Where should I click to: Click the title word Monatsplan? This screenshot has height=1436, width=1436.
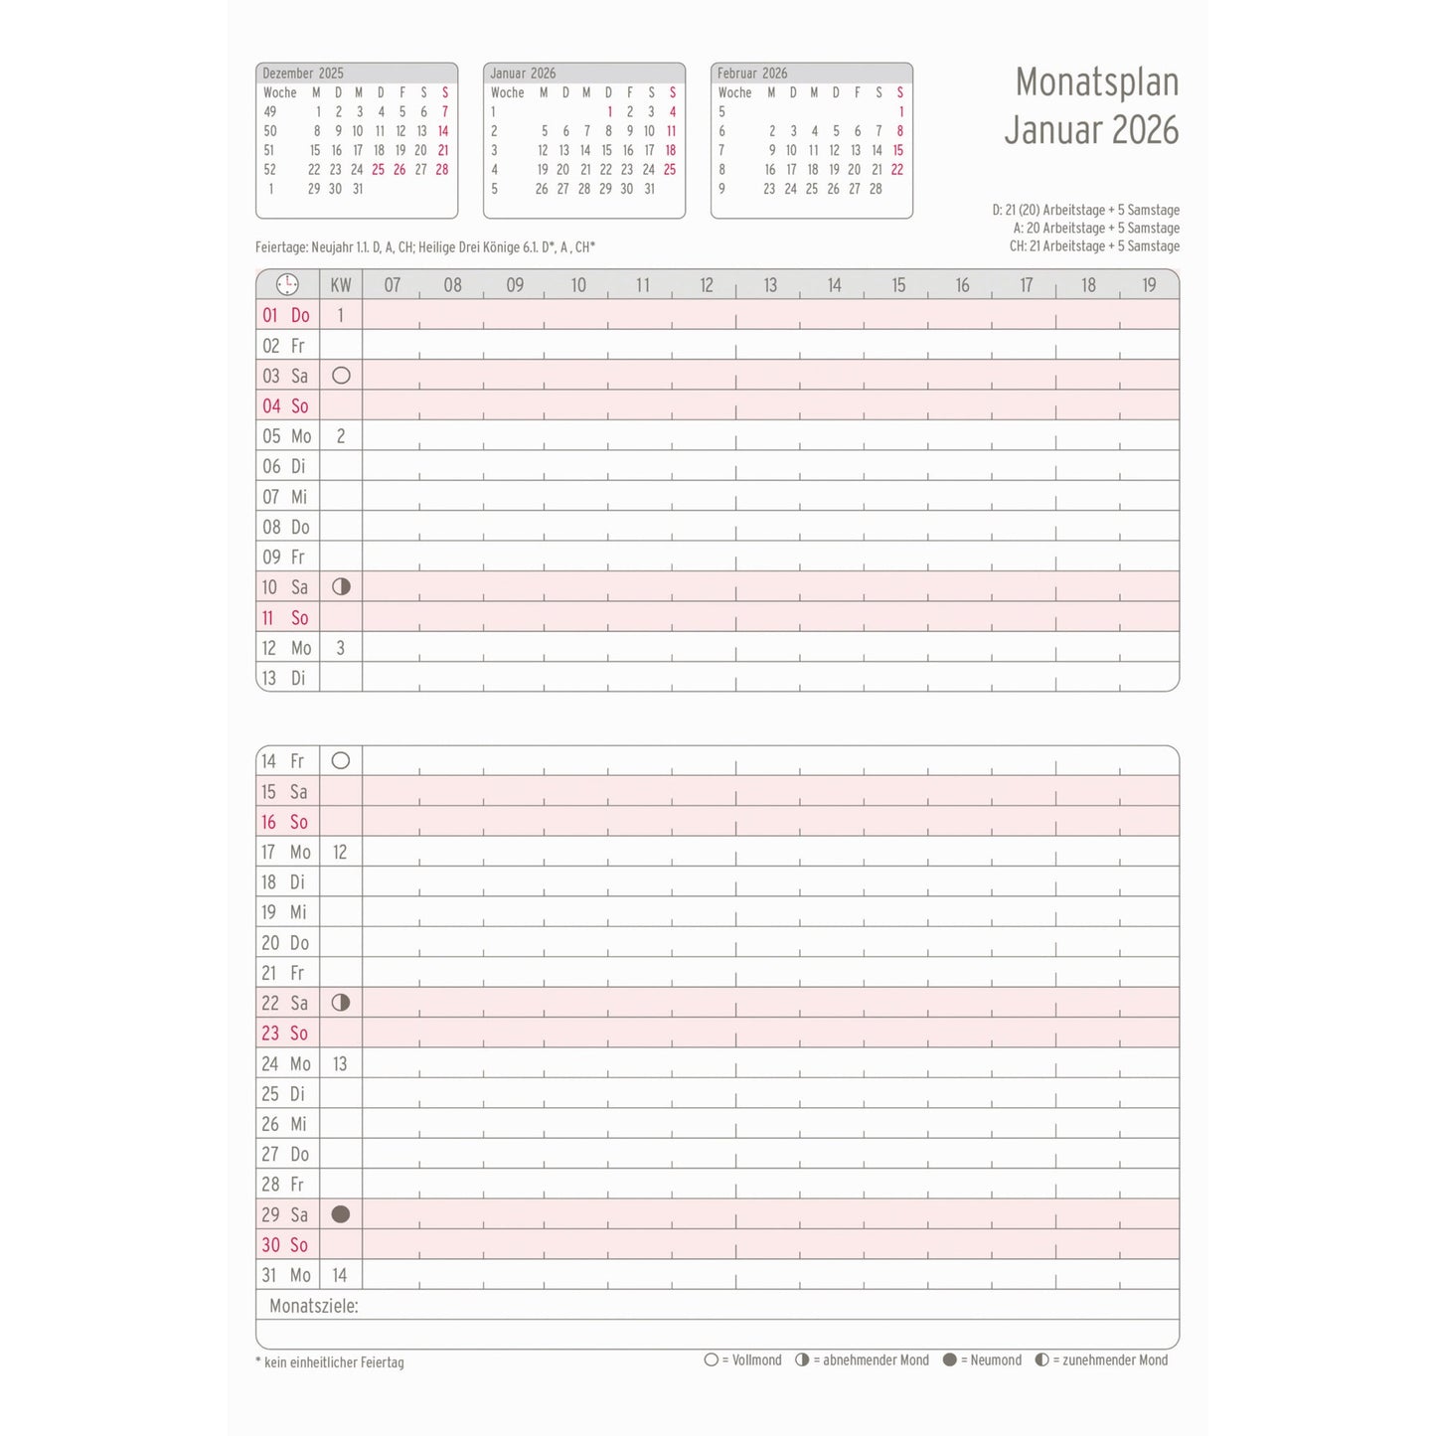coord(1096,82)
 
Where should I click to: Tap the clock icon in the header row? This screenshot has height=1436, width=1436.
coord(287,285)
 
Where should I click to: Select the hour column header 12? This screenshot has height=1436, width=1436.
coord(706,285)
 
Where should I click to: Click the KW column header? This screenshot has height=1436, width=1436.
coord(341,285)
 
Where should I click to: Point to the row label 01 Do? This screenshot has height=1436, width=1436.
coord(286,316)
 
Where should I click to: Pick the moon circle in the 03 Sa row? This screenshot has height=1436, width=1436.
coord(341,376)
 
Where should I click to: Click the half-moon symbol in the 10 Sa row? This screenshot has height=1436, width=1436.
coord(341,586)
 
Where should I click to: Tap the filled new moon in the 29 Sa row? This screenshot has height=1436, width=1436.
coord(341,1214)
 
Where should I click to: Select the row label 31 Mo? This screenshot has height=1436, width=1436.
coord(286,1275)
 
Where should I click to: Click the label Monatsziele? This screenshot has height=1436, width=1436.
coord(313,1306)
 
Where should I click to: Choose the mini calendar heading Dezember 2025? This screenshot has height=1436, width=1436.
coord(303,74)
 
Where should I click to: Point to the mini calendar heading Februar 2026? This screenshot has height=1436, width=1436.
coord(752,74)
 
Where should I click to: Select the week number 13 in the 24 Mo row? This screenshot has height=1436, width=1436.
coord(340,1064)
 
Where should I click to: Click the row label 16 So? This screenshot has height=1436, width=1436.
coord(285,822)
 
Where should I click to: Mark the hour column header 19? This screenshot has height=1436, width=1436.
coord(1149,285)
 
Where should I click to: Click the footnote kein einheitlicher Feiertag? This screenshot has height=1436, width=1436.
coord(330,1362)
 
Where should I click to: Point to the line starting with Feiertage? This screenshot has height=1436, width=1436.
coord(425,247)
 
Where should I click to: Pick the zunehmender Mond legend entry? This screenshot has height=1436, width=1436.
coord(1102,1360)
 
